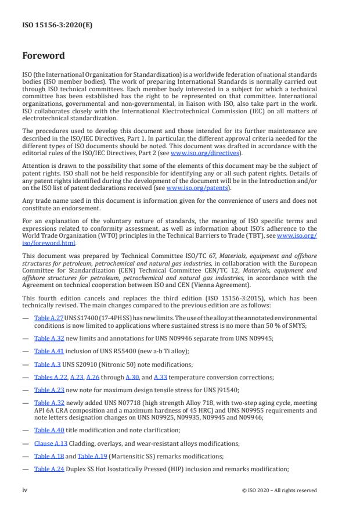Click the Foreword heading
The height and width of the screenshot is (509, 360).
pos(44,56)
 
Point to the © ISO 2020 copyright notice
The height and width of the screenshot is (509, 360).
pos(279,490)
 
